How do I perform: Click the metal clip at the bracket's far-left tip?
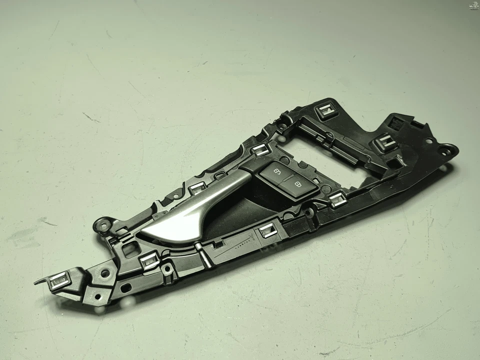58,281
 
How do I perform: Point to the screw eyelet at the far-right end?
444,148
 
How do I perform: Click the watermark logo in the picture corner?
472,6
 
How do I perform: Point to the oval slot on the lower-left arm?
124,288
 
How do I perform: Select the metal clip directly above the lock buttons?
261,148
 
